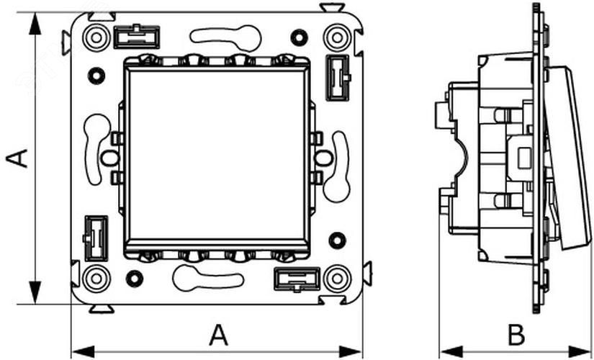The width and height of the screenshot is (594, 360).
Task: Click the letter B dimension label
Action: (516, 334)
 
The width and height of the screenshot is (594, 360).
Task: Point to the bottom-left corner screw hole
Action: (95, 278)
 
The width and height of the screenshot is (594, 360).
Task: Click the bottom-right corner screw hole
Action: (336, 278)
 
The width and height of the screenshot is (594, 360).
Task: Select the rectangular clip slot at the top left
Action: (136, 36)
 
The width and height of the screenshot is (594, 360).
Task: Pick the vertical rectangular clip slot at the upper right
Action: (337, 77)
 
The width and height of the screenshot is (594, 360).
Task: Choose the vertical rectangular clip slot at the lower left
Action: (95, 238)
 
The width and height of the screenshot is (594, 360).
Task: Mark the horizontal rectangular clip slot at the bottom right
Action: (297, 279)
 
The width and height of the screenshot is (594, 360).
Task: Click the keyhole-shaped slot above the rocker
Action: (225, 36)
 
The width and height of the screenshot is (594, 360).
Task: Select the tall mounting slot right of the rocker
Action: (336, 167)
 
